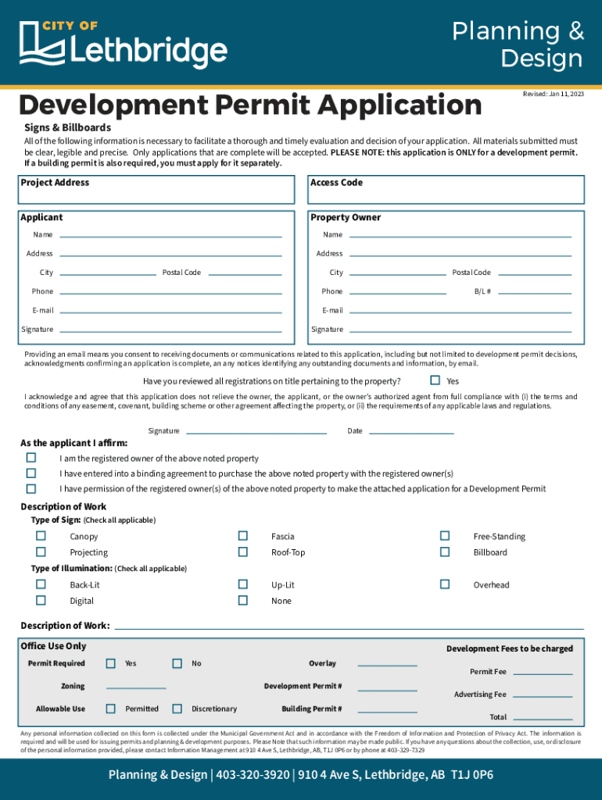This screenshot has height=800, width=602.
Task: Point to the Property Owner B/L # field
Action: pyautogui.click(x=535, y=291)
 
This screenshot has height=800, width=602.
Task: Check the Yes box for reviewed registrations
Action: pyautogui.click(x=435, y=380)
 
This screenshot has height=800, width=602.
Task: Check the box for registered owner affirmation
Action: pyautogui.click(x=31, y=458)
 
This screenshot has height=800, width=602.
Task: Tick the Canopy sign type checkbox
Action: pyautogui.click(x=41, y=536)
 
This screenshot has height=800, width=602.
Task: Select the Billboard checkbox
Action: pyautogui.click(x=445, y=552)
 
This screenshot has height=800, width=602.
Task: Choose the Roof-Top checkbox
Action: pyautogui.click(x=243, y=552)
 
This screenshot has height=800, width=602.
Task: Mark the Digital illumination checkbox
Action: pyautogui.click(x=41, y=600)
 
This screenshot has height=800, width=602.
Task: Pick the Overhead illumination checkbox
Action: pyautogui.click(x=445, y=584)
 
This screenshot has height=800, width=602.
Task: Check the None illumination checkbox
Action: pyautogui.click(x=243, y=600)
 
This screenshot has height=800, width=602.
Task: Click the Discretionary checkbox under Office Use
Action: pyautogui.click(x=177, y=709)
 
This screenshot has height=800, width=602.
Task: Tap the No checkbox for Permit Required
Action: pyautogui.click(x=177, y=663)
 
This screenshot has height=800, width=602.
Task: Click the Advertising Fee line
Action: pyautogui.click(x=543, y=695)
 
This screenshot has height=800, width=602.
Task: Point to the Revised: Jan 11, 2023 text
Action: pyautogui.click(x=553, y=94)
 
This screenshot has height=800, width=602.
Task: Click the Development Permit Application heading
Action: pyautogui.click(x=250, y=105)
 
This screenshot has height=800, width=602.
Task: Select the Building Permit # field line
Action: pyautogui.click(x=388, y=710)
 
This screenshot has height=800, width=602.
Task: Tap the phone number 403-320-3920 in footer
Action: pyautogui.click(x=252, y=775)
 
